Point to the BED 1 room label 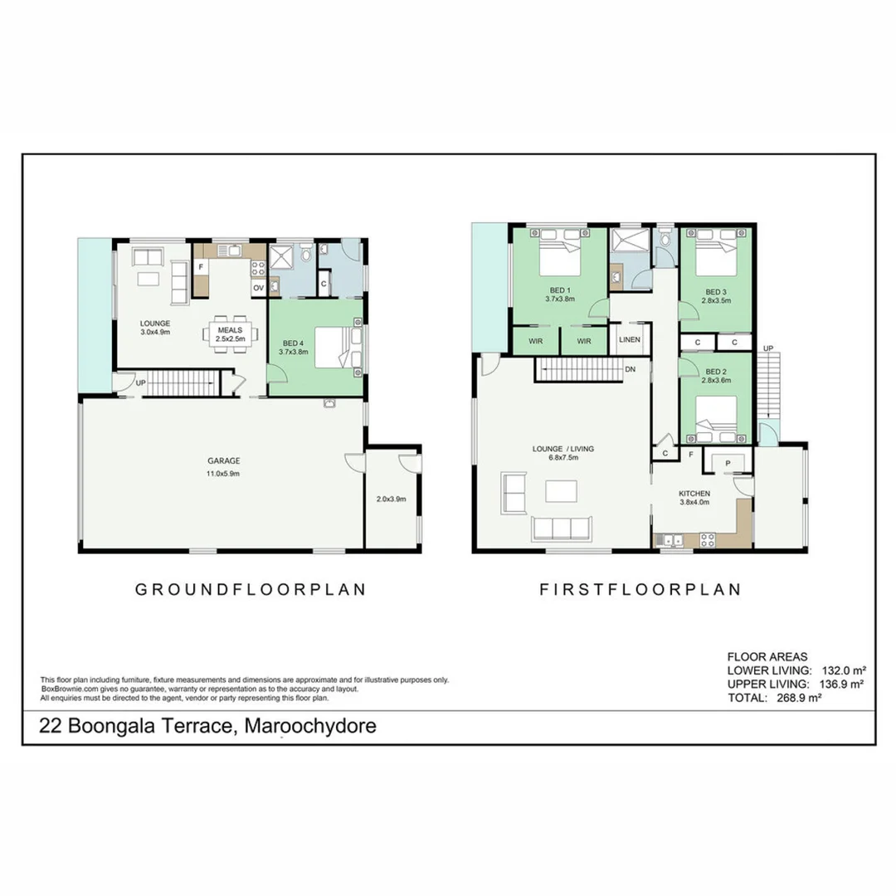[x=558, y=291]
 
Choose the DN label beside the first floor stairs [x=631, y=370]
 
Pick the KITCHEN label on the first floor [x=695, y=493]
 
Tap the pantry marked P [x=728, y=462]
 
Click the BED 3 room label [x=715, y=292]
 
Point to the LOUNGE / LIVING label [x=562, y=449]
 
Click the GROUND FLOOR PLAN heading [x=251, y=590]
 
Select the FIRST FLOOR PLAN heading [x=640, y=590]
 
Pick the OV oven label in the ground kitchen [x=258, y=288]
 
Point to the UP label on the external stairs [x=768, y=348]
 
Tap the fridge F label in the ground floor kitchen [x=201, y=267]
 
